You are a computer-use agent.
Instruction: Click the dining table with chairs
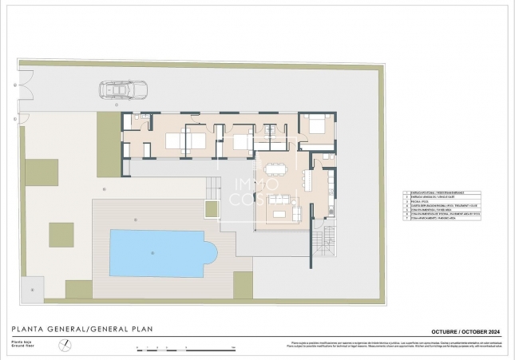pos(276,168)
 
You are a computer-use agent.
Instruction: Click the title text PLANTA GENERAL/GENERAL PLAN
pos(81,329)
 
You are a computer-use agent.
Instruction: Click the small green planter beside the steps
pos(212,209)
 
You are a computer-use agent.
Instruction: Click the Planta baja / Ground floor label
pos(19,346)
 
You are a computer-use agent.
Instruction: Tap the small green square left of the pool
pos(61,235)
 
